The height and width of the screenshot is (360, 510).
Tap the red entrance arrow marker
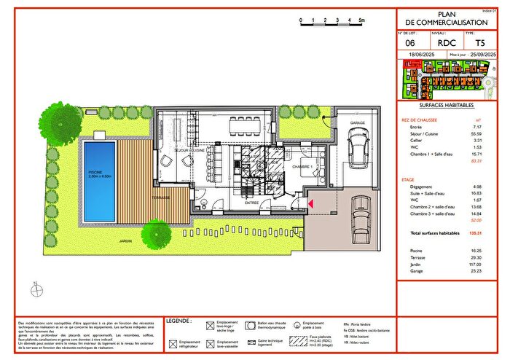[x=311, y=206]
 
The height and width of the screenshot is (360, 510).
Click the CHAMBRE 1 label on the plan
[x=302, y=166]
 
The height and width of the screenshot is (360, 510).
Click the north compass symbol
[x=34, y=290]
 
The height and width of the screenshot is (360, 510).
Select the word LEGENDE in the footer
[x=178, y=320]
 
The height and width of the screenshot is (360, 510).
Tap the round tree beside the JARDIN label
[x=156, y=232]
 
